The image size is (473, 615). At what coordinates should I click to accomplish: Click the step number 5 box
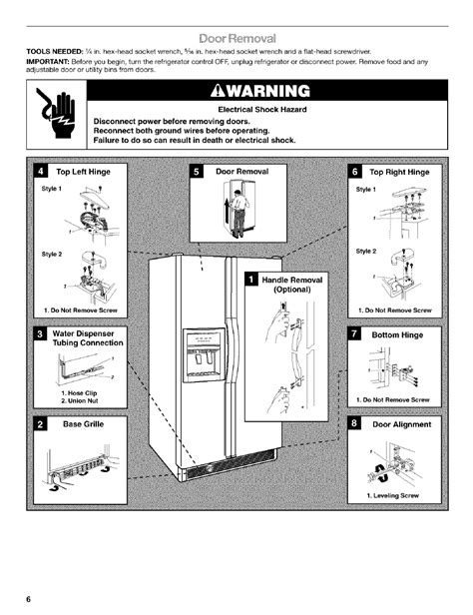(x=197, y=171)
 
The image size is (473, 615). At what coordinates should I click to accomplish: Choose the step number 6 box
(x=353, y=171)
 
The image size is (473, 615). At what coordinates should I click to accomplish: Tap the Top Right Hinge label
(x=398, y=172)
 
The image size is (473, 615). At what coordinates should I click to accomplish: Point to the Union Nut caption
(x=82, y=400)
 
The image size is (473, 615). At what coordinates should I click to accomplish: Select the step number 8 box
(x=353, y=424)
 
